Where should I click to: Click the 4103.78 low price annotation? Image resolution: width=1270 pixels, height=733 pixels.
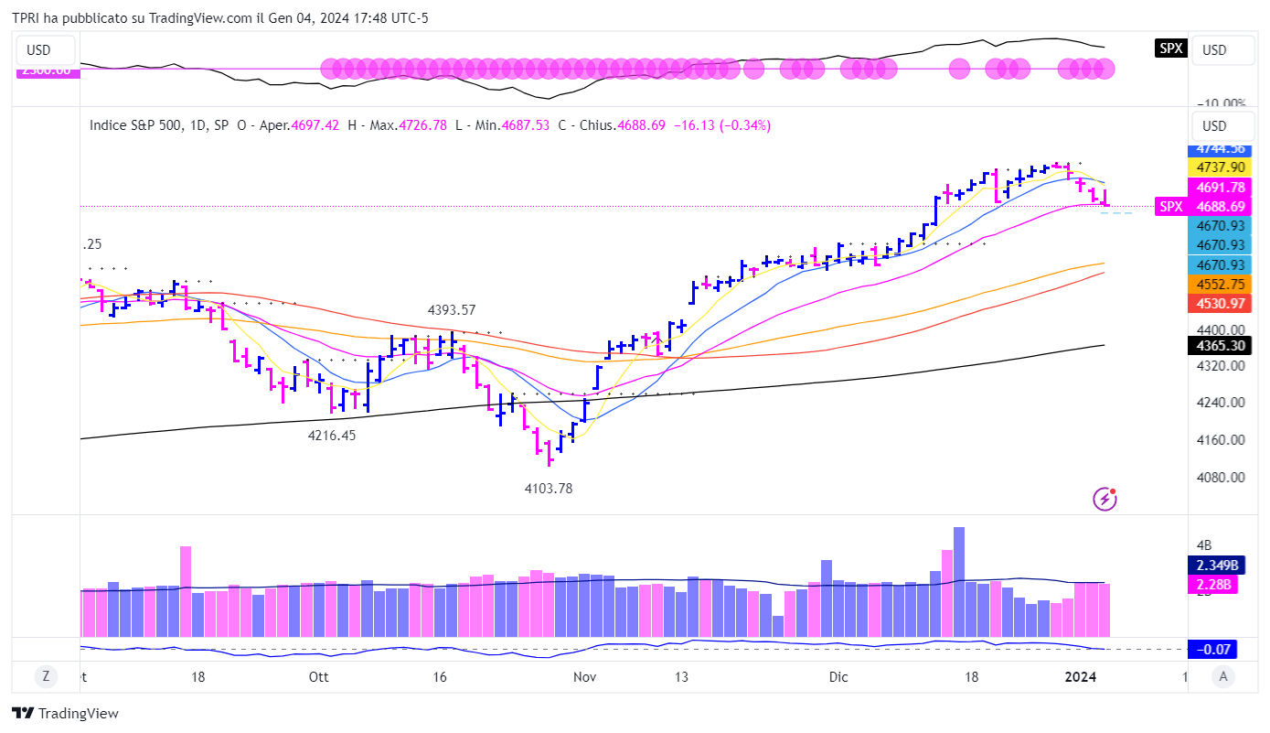[x=549, y=489]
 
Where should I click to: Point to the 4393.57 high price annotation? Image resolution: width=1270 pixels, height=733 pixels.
[x=452, y=310]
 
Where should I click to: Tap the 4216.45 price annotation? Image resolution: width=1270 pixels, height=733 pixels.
[x=332, y=436]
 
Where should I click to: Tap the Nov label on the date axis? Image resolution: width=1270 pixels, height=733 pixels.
[x=584, y=677]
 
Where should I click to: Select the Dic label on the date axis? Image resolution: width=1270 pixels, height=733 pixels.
[x=838, y=677]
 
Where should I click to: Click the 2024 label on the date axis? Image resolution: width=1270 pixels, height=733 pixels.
[x=1082, y=677]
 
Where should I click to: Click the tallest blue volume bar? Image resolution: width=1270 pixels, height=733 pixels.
[x=959, y=581]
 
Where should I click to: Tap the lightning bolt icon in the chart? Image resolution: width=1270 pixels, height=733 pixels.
[x=1105, y=499]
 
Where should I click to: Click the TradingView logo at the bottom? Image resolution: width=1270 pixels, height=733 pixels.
[x=66, y=714]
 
